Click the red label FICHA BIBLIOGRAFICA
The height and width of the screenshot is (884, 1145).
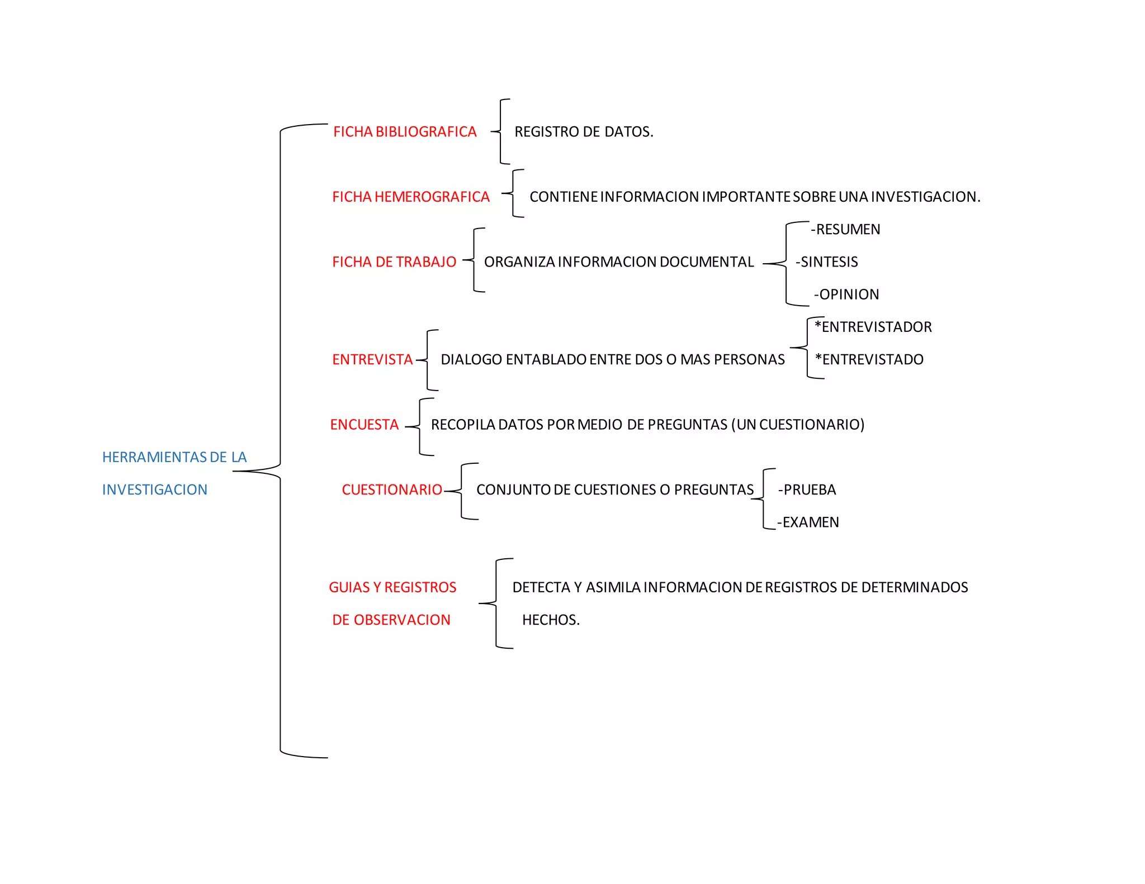click(405, 132)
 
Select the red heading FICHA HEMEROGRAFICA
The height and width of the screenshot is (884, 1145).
click(411, 197)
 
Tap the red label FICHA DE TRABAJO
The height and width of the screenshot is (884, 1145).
click(394, 262)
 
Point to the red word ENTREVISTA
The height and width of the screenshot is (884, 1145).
click(372, 359)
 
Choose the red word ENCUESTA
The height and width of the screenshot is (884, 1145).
click(365, 425)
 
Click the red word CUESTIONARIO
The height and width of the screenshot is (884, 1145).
click(392, 489)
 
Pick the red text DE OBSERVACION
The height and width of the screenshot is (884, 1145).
click(391, 620)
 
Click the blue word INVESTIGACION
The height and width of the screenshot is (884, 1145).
click(155, 489)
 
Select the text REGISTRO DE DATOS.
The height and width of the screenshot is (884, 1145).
click(584, 132)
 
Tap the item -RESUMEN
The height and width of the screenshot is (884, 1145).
click(846, 229)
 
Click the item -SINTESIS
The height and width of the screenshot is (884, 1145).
click(827, 262)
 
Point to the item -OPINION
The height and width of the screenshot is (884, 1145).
click(846, 294)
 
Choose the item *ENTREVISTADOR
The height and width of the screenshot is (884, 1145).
click(873, 327)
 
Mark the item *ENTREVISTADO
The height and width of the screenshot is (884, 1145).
click(869, 359)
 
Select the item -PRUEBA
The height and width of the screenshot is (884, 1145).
click(807, 489)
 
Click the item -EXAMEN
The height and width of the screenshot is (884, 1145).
click(808, 522)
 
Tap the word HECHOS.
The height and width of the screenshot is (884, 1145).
click(551, 620)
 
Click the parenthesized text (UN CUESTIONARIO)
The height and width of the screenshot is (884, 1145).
click(798, 425)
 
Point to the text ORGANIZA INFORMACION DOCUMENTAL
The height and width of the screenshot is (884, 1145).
click(619, 262)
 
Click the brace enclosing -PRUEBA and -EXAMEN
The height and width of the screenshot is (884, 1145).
click(764, 498)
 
